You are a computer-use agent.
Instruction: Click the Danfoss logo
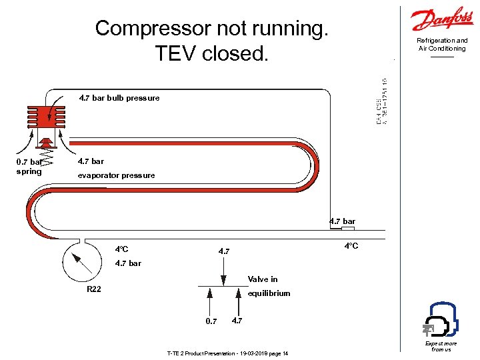pyautogui.click(x=442, y=20)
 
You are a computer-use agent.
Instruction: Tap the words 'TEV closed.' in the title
pyautogui.click(x=212, y=53)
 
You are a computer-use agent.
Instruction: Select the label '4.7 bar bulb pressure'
pyautogui.click(x=119, y=98)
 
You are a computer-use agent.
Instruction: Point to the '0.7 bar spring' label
pyautogui.click(x=29, y=166)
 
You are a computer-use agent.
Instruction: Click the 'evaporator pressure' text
pyautogui.click(x=116, y=175)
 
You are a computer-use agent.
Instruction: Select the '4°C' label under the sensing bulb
pyautogui.click(x=351, y=246)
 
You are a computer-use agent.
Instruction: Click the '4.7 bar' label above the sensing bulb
pyautogui.click(x=342, y=221)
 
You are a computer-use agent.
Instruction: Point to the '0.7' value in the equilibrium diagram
pyautogui.click(x=211, y=321)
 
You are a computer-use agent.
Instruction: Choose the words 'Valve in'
pyautogui.click(x=263, y=279)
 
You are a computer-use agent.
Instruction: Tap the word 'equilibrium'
pyautogui.click(x=269, y=293)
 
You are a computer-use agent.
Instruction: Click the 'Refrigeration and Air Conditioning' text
pyautogui.click(x=442, y=45)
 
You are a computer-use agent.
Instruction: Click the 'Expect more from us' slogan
pyautogui.click(x=441, y=347)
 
